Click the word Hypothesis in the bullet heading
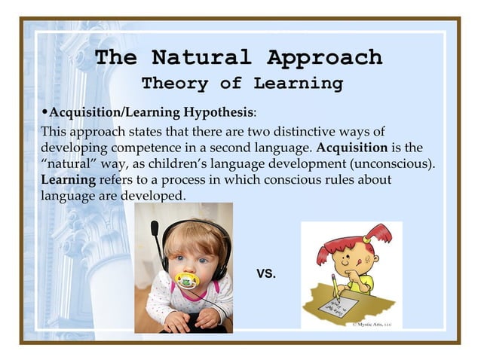pyautogui.click(x=218, y=112)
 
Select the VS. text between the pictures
pyautogui.click(x=266, y=273)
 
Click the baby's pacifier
pyautogui.click(x=185, y=281)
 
